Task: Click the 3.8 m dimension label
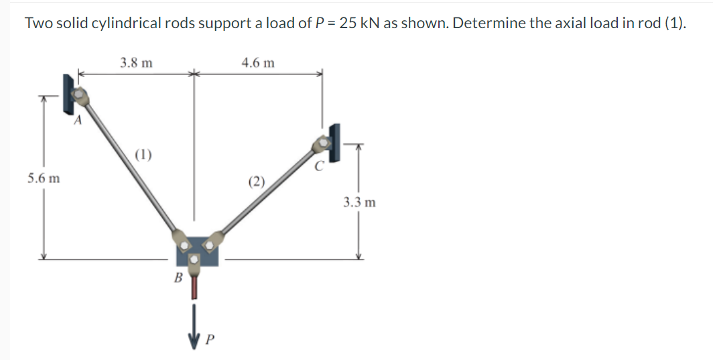[x=135, y=63]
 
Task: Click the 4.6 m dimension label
[x=258, y=63]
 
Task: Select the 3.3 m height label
[x=359, y=201]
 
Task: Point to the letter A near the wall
[x=78, y=121]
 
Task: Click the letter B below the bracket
[x=178, y=277]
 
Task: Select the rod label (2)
[x=256, y=180]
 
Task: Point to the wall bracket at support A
[x=68, y=93]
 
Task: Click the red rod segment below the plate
[x=195, y=287]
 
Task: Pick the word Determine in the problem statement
[x=480, y=23]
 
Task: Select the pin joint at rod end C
[x=323, y=143]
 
